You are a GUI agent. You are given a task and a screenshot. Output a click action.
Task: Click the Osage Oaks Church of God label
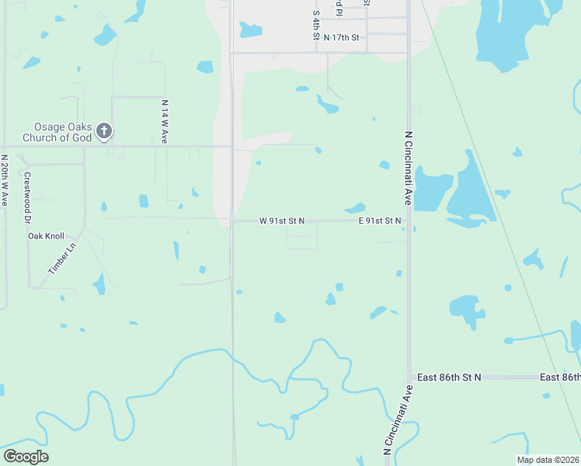point(62,133)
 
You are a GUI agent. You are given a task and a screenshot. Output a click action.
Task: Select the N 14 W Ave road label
point(165,121)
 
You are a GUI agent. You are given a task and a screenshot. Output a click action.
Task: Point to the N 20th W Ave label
point(5,179)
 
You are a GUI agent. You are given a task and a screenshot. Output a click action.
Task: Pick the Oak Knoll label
point(46,236)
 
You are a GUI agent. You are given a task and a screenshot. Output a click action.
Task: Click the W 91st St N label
point(281,221)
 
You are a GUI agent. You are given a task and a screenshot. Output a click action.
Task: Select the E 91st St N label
point(380,221)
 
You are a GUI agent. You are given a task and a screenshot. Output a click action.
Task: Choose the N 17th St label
point(343,37)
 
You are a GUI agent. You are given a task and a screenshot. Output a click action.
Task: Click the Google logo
point(26,457)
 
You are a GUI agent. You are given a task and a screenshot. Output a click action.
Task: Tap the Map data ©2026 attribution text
point(548,460)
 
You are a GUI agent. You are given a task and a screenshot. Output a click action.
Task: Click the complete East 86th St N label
point(449,377)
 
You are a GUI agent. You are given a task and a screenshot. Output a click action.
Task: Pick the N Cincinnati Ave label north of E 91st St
point(407,168)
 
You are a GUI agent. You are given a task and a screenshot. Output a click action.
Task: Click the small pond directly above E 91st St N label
point(355,208)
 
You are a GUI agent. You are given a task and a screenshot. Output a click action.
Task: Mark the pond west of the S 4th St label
point(250,30)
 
